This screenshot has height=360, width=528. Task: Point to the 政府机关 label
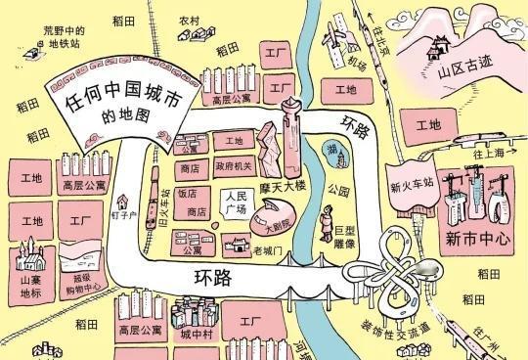tap(234, 166)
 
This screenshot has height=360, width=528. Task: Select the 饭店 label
tap(188, 193)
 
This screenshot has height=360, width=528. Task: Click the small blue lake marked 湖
tap(335, 149)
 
